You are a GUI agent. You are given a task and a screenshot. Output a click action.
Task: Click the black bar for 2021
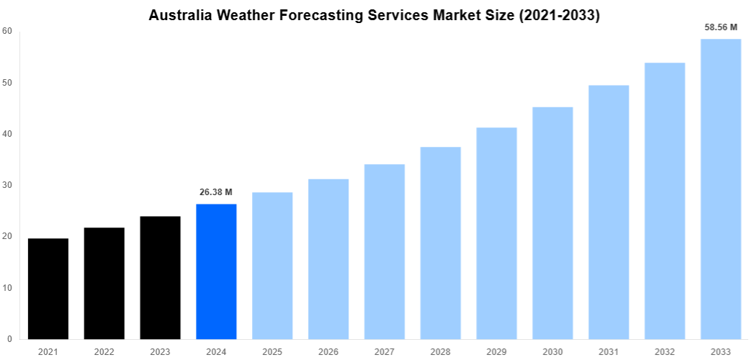click(x=48, y=289)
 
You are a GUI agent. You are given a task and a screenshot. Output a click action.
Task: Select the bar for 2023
click(x=160, y=278)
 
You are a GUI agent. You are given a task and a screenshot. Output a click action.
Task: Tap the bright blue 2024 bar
click(x=216, y=271)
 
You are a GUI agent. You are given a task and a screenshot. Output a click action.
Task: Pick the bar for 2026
click(x=328, y=259)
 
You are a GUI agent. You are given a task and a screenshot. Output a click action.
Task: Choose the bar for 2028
click(x=440, y=243)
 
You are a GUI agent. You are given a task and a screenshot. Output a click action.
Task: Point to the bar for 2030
click(x=552, y=223)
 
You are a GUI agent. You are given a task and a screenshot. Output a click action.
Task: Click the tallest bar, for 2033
click(x=720, y=189)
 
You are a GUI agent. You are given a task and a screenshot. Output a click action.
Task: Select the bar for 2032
click(x=665, y=201)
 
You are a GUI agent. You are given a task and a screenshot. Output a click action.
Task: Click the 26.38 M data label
click(x=216, y=192)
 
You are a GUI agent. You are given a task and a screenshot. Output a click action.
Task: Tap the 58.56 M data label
click(x=721, y=27)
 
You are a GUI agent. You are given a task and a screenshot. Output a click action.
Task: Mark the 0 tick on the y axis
click(x=9, y=339)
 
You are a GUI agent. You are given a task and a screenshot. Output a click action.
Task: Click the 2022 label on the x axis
click(x=104, y=351)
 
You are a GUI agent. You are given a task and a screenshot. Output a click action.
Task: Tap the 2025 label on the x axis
click(x=272, y=351)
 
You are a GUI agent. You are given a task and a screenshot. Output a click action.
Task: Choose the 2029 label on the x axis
click(x=496, y=351)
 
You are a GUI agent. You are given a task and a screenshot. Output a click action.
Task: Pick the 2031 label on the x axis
click(x=609, y=351)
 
